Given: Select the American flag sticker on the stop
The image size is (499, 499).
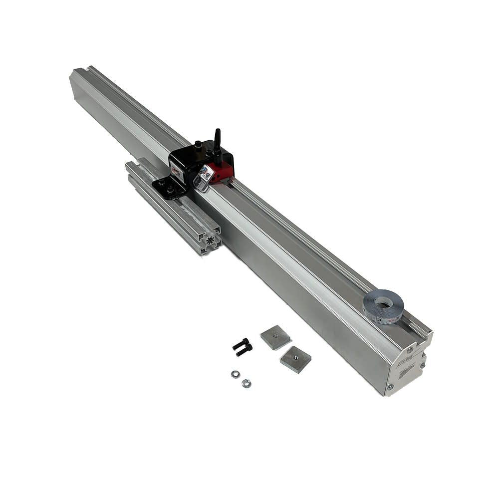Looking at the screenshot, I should (206, 173).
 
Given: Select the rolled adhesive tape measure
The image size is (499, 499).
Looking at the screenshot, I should (383, 306).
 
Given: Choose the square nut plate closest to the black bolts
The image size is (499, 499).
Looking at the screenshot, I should (275, 337).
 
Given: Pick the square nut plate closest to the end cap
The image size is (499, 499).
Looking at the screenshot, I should (295, 359).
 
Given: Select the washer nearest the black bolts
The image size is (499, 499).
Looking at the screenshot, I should (235, 374).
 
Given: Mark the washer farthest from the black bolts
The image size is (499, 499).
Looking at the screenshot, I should (246, 383).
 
